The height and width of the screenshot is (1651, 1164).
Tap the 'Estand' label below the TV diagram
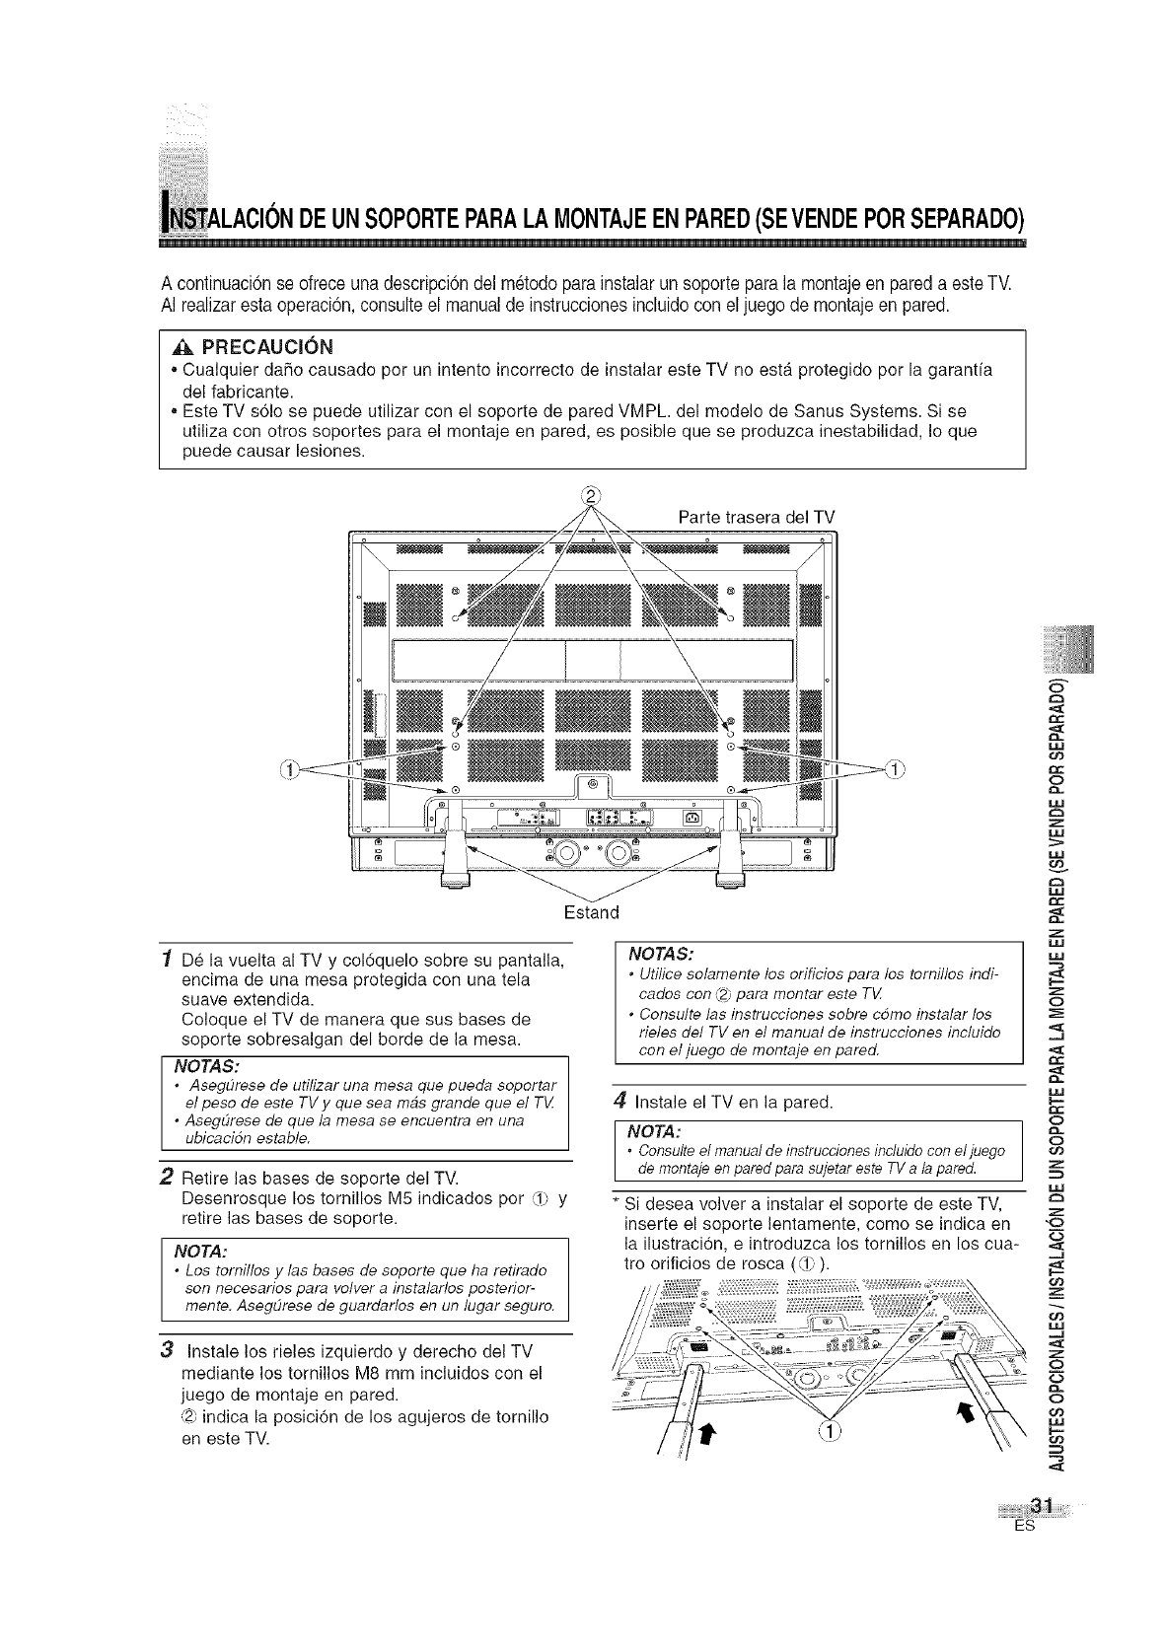click(590, 909)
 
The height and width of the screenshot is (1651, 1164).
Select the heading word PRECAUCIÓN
click(268, 346)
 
